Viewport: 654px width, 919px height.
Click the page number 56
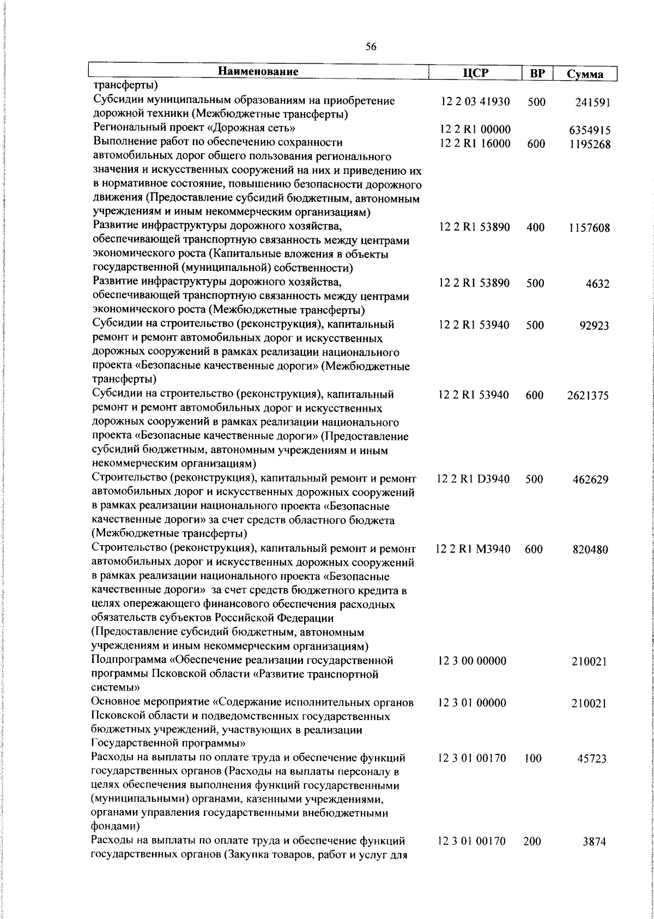[x=371, y=47]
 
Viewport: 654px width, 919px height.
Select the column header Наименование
[x=259, y=71]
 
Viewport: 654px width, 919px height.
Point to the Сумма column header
[x=585, y=74]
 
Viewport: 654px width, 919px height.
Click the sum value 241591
[x=592, y=102]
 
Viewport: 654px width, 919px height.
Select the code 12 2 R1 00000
[x=475, y=130]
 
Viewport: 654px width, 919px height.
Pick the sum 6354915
[x=589, y=131]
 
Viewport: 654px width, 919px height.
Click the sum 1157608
[x=589, y=228]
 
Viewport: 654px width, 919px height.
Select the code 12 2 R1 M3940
[x=473, y=549]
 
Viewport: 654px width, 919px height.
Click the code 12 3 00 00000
[x=472, y=661]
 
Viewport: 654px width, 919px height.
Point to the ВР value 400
[x=536, y=228]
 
